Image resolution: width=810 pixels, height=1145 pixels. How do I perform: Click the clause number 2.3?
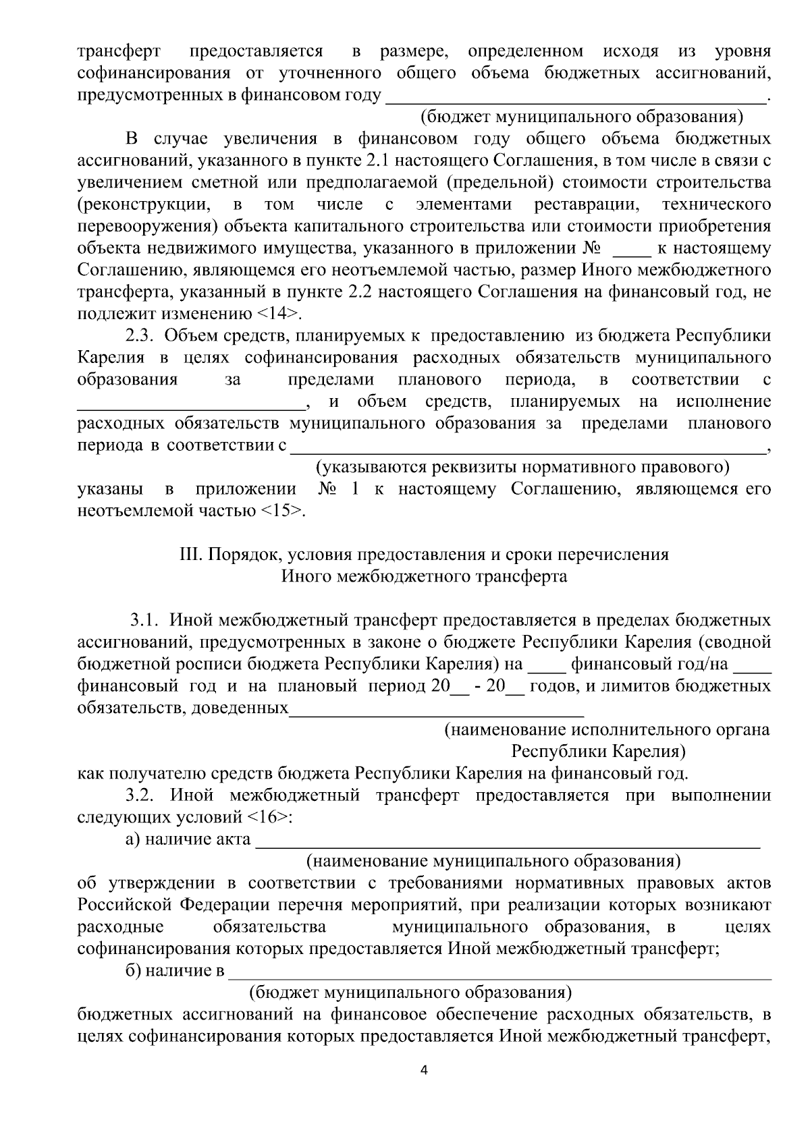(x=141, y=336)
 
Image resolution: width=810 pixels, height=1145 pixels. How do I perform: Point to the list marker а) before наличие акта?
(x=133, y=840)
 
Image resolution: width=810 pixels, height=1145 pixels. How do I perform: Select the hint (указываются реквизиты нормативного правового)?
(x=523, y=467)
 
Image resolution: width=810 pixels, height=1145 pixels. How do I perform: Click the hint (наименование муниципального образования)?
(x=493, y=862)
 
